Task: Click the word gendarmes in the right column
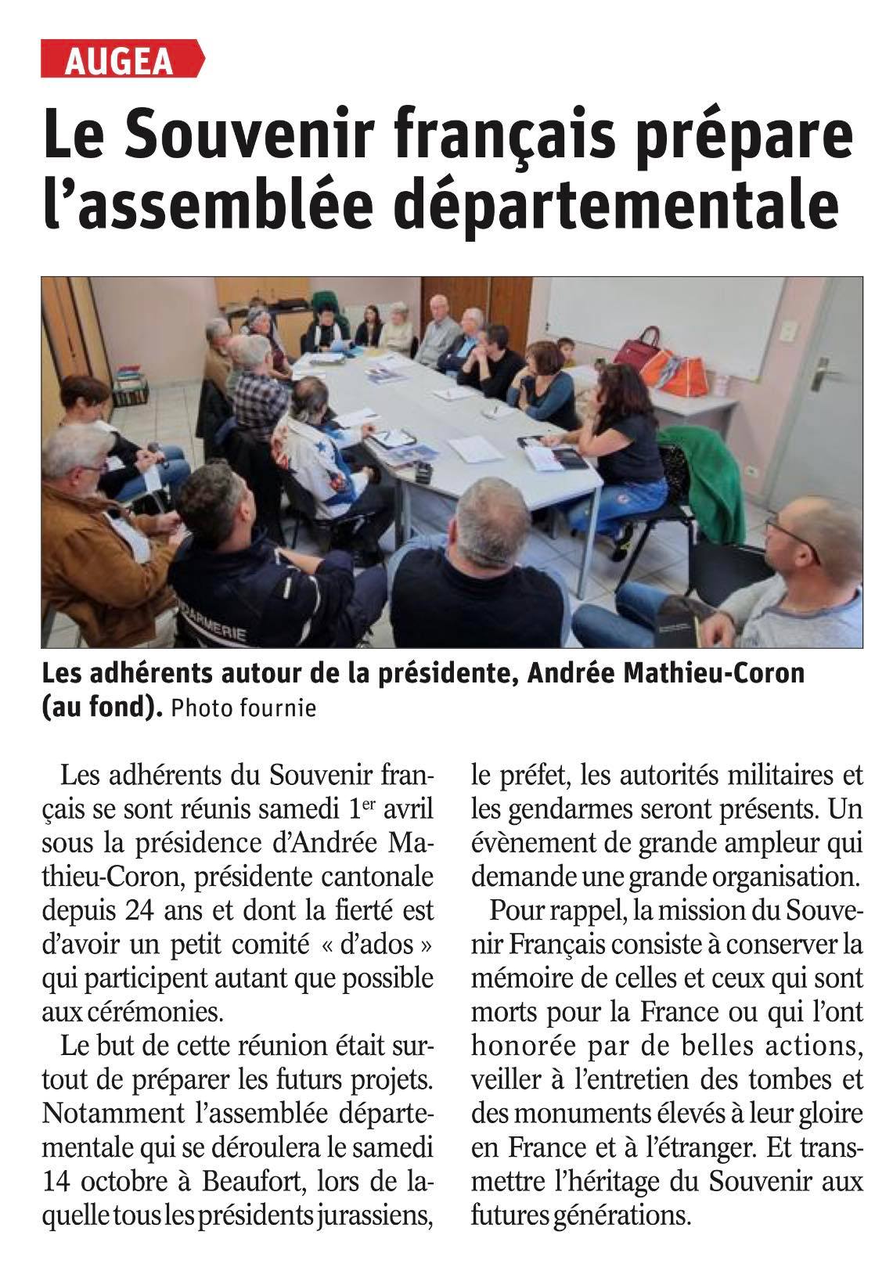(x=581, y=810)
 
